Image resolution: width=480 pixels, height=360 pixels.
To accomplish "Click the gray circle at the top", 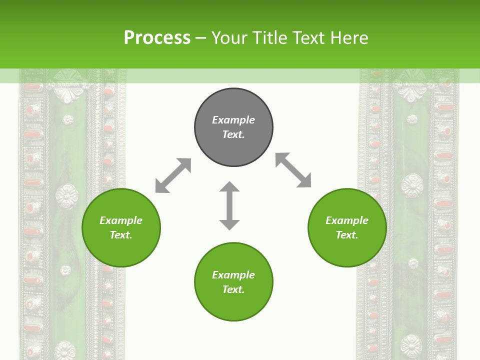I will (233, 127).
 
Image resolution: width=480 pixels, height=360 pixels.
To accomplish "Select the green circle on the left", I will (121, 227).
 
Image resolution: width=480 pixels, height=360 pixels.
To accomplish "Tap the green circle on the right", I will (347, 227).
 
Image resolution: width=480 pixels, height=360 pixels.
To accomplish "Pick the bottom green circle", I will (233, 282).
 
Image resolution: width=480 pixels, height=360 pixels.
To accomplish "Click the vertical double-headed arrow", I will (229, 205).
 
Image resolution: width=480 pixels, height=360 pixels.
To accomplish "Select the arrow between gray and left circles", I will (173, 175).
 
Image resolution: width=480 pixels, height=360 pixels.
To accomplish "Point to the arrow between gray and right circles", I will (293, 170).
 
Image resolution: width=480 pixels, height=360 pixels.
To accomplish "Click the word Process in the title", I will (157, 38).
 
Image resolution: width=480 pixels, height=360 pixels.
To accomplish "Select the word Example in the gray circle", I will (233, 120).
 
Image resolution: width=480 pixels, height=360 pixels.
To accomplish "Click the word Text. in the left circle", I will (121, 235).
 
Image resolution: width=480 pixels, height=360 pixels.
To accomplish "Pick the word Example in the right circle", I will (347, 220).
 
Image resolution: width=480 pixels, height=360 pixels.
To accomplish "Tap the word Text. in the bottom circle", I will (233, 289).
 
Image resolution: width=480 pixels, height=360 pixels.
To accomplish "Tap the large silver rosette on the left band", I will (66, 195).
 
